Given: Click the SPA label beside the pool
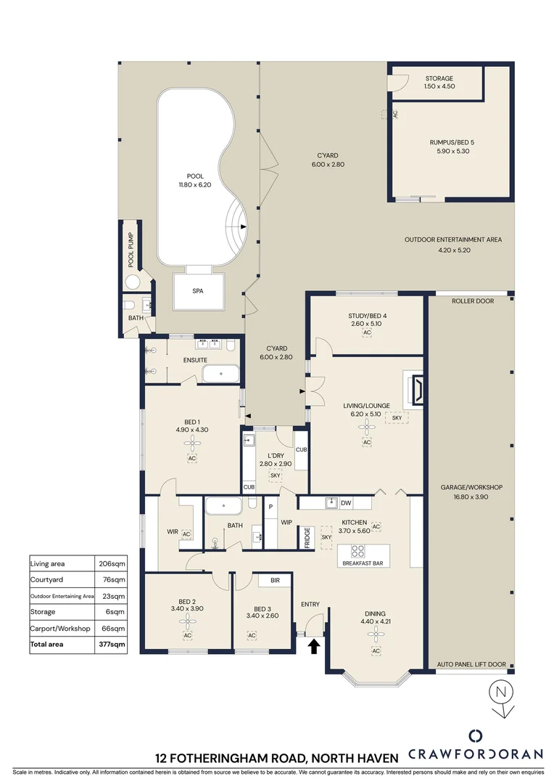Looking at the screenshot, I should [x=197, y=290].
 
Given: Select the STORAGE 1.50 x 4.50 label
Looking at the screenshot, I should [x=439, y=82].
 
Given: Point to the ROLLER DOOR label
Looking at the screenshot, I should [x=472, y=301].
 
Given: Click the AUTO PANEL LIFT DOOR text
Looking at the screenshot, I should [x=471, y=664].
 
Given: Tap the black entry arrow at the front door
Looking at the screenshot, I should [x=315, y=646].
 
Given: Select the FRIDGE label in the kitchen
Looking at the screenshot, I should [x=307, y=538].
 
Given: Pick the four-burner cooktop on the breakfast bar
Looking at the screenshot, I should [x=359, y=550].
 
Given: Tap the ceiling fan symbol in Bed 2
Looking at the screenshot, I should [x=188, y=621].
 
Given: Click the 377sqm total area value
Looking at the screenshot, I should [x=112, y=644].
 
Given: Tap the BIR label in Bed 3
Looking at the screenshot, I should [x=275, y=581].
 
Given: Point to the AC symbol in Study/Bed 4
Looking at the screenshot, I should [x=367, y=332].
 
